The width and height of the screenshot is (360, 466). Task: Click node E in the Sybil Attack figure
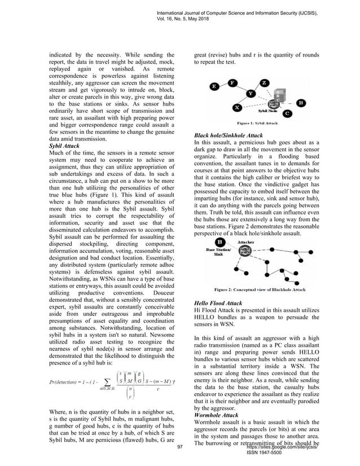(214, 86)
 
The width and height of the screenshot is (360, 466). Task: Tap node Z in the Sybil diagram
(265, 83)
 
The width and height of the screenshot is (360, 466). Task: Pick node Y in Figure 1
(251, 93)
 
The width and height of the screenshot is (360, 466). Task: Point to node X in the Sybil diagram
(237, 107)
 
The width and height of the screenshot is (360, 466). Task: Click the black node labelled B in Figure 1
(301, 103)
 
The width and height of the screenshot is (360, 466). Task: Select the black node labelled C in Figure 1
(287, 113)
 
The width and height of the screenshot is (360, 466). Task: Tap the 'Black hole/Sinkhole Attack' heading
(228, 136)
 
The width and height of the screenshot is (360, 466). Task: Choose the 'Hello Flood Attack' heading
(218, 304)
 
